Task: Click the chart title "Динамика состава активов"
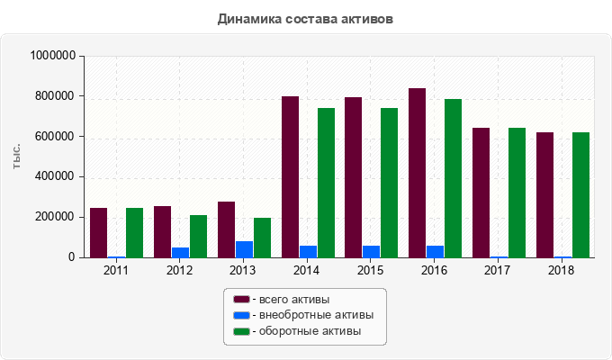(x=305, y=18)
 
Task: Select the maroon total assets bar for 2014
(x=290, y=176)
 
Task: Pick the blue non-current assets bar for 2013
(x=244, y=249)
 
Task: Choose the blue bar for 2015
(x=371, y=251)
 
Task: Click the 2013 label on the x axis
(x=243, y=270)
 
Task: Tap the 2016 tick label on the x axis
(x=434, y=270)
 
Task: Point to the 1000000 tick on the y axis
(x=52, y=56)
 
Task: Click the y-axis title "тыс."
(x=17, y=156)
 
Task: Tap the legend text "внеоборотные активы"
(x=315, y=315)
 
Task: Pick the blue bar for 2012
(x=180, y=252)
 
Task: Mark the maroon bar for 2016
(x=417, y=173)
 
